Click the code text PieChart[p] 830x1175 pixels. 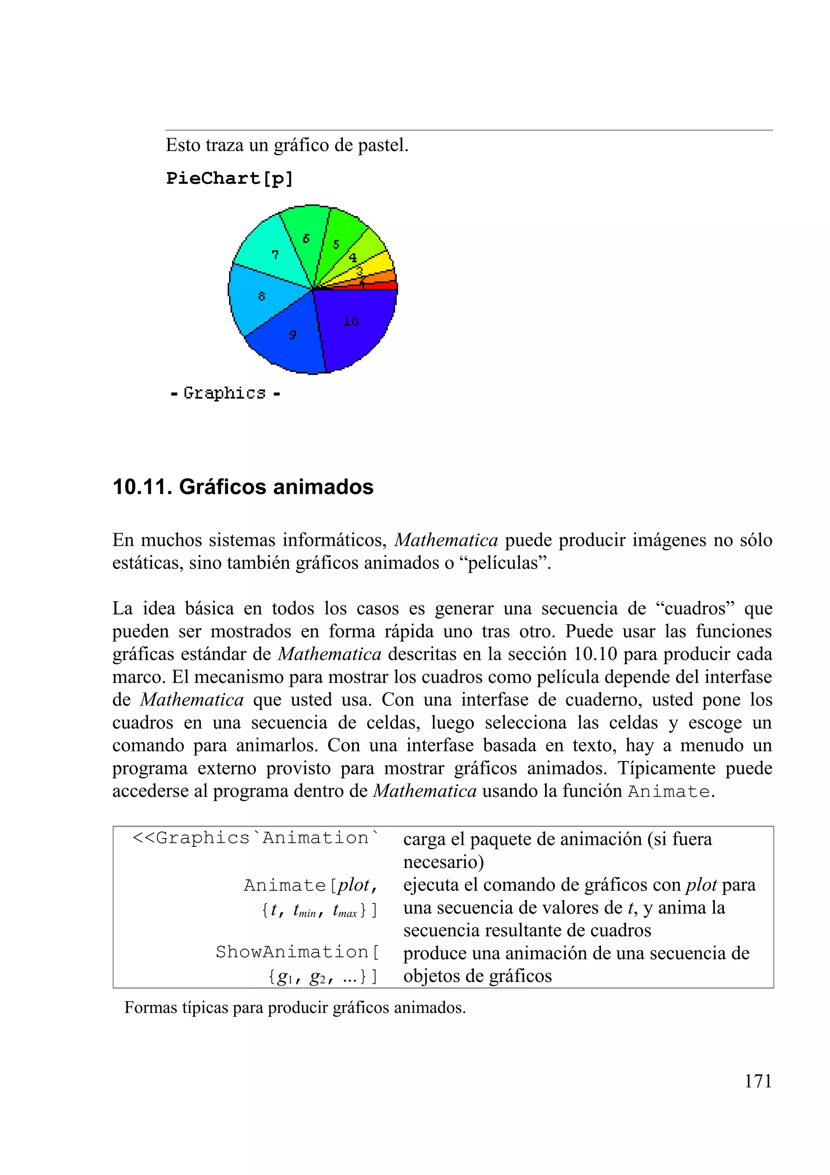pyautogui.click(x=229, y=179)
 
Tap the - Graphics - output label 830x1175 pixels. pyautogui.click(x=225, y=393)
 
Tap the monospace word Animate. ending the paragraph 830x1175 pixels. pyautogui.click(x=671, y=792)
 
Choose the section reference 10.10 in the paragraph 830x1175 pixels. pyautogui.click(x=595, y=655)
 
